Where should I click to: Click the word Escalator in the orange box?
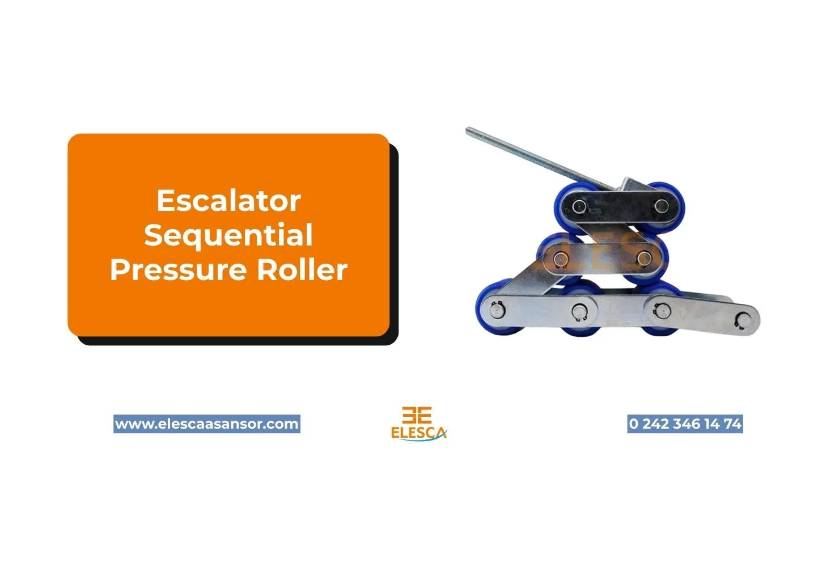(x=228, y=201)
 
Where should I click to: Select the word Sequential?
(x=228, y=235)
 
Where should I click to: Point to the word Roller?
(x=302, y=270)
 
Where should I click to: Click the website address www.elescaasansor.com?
(x=207, y=424)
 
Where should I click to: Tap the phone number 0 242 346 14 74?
(x=685, y=424)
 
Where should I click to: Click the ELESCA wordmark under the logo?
(x=418, y=432)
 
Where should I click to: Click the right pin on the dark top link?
(x=661, y=205)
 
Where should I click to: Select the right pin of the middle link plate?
(x=643, y=259)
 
